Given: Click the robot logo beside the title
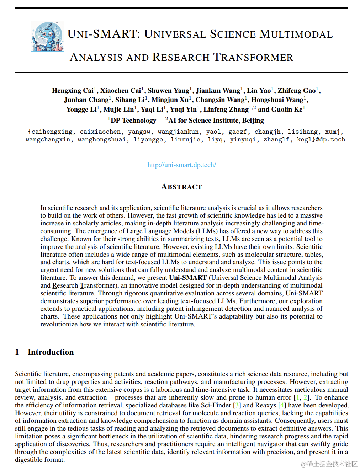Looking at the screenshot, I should pyautogui.click(x=47, y=37).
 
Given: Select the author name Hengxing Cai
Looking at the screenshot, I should pyautogui.click(x=73, y=91).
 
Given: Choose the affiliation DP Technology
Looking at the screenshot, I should pyautogui.click(x=133, y=121).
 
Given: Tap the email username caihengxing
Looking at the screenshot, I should pyautogui.click(x=52, y=132).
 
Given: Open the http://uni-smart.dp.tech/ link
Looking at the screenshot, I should pyautogui.click(x=182, y=165).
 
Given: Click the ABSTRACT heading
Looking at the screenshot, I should pyautogui.click(x=181, y=187).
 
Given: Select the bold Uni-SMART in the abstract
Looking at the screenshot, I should pyautogui.click(x=188, y=278).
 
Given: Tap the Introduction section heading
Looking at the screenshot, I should pyautogui.click(x=51, y=352).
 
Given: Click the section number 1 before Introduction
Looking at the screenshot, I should pyautogui.click(x=17, y=352).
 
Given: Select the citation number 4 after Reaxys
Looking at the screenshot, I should pyautogui.click(x=282, y=405).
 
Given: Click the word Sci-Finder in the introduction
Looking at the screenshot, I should pyautogui.click(x=216, y=405).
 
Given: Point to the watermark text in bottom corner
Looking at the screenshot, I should pyautogui.click(x=329, y=464).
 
